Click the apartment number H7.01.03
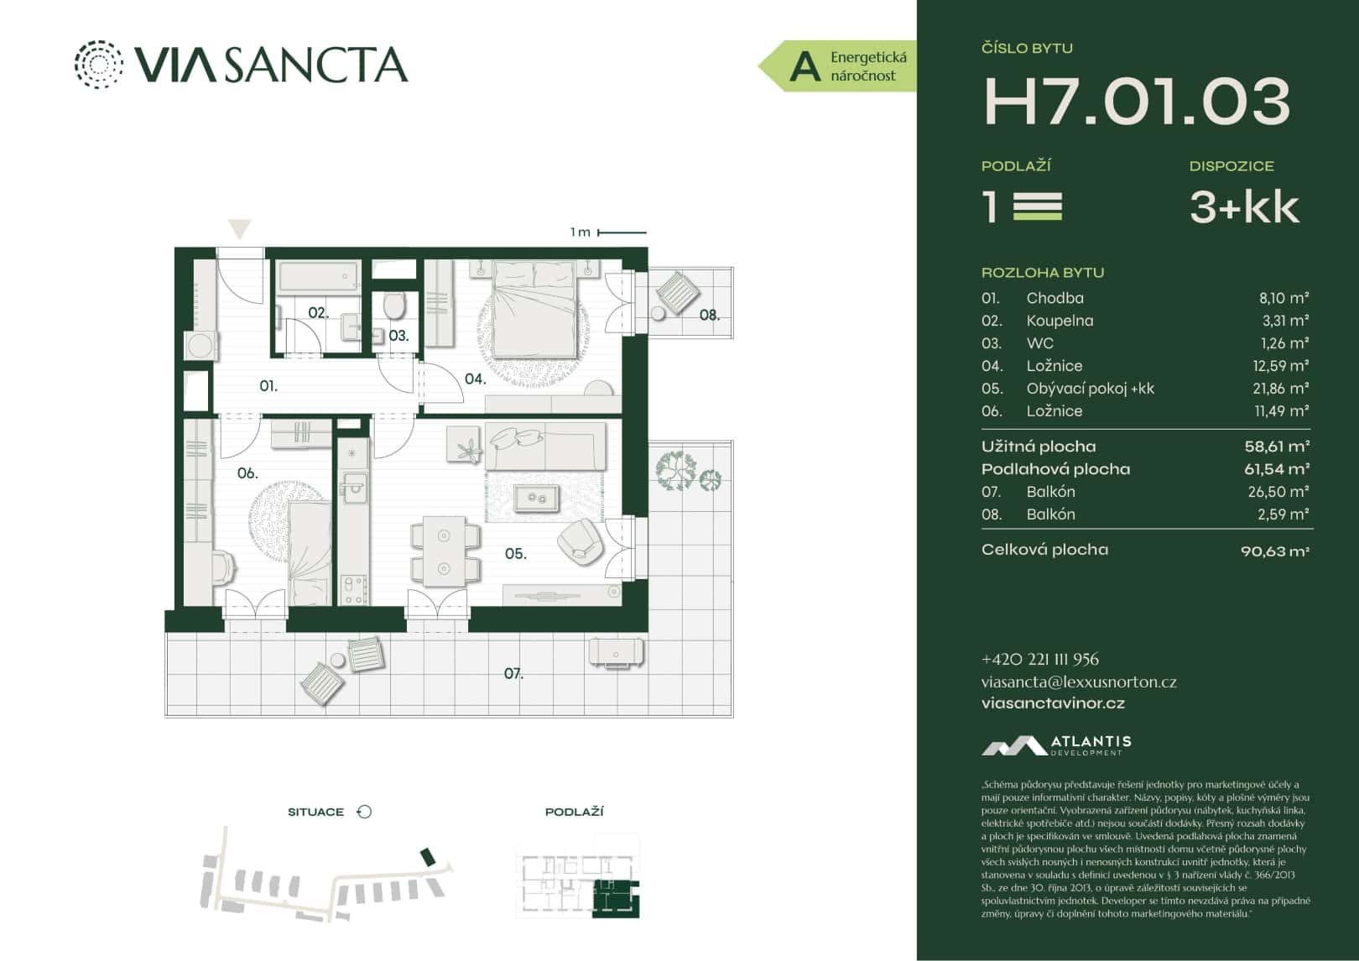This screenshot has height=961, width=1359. pyautogui.click(x=1136, y=102)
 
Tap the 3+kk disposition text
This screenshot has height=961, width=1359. pyautogui.click(x=1244, y=206)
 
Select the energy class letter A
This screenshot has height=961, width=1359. pyautogui.click(x=804, y=66)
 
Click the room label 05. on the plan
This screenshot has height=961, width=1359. pyautogui.click(x=515, y=554)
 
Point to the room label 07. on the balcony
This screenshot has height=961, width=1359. pyautogui.click(x=513, y=673)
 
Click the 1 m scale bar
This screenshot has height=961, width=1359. pyautogui.click(x=622, y=232)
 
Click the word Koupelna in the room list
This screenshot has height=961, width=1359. pyautogui.click(x=1060, y=321)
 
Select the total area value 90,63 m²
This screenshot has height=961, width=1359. pyautogui.click(x=1274, y=551)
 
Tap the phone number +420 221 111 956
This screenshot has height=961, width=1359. pyautogui.click(x=1039, y=660)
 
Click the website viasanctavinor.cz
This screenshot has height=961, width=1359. pyautogui.click(x=1053, y=703)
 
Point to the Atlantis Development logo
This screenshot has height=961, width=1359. pyautogui.click(x=1056, y=745)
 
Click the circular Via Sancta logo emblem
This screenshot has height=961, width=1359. pyautogui.click(x=98, y=64)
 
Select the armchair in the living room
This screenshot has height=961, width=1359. pyautogui.click(x=580, y=540)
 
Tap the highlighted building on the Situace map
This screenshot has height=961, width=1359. pyautogui.click(x=428, y=856)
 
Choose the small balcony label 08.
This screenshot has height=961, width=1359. pyautogui.click(x=709, y=316)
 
